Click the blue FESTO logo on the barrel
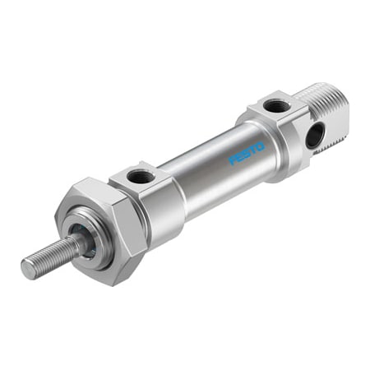pyautogui.click(x=247, y=152)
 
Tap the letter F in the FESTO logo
pyautogui.click(x=234, y=160)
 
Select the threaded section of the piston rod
pyautogui.click(x=49, y=255)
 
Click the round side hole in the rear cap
pyautogui.click(x=314, y=136)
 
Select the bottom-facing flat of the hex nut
pyautogui.click(x=115, y=275)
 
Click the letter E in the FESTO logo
pyautogui.click(x=240, y=156)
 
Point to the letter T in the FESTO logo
pyautogui.click(x=253, y=149)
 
